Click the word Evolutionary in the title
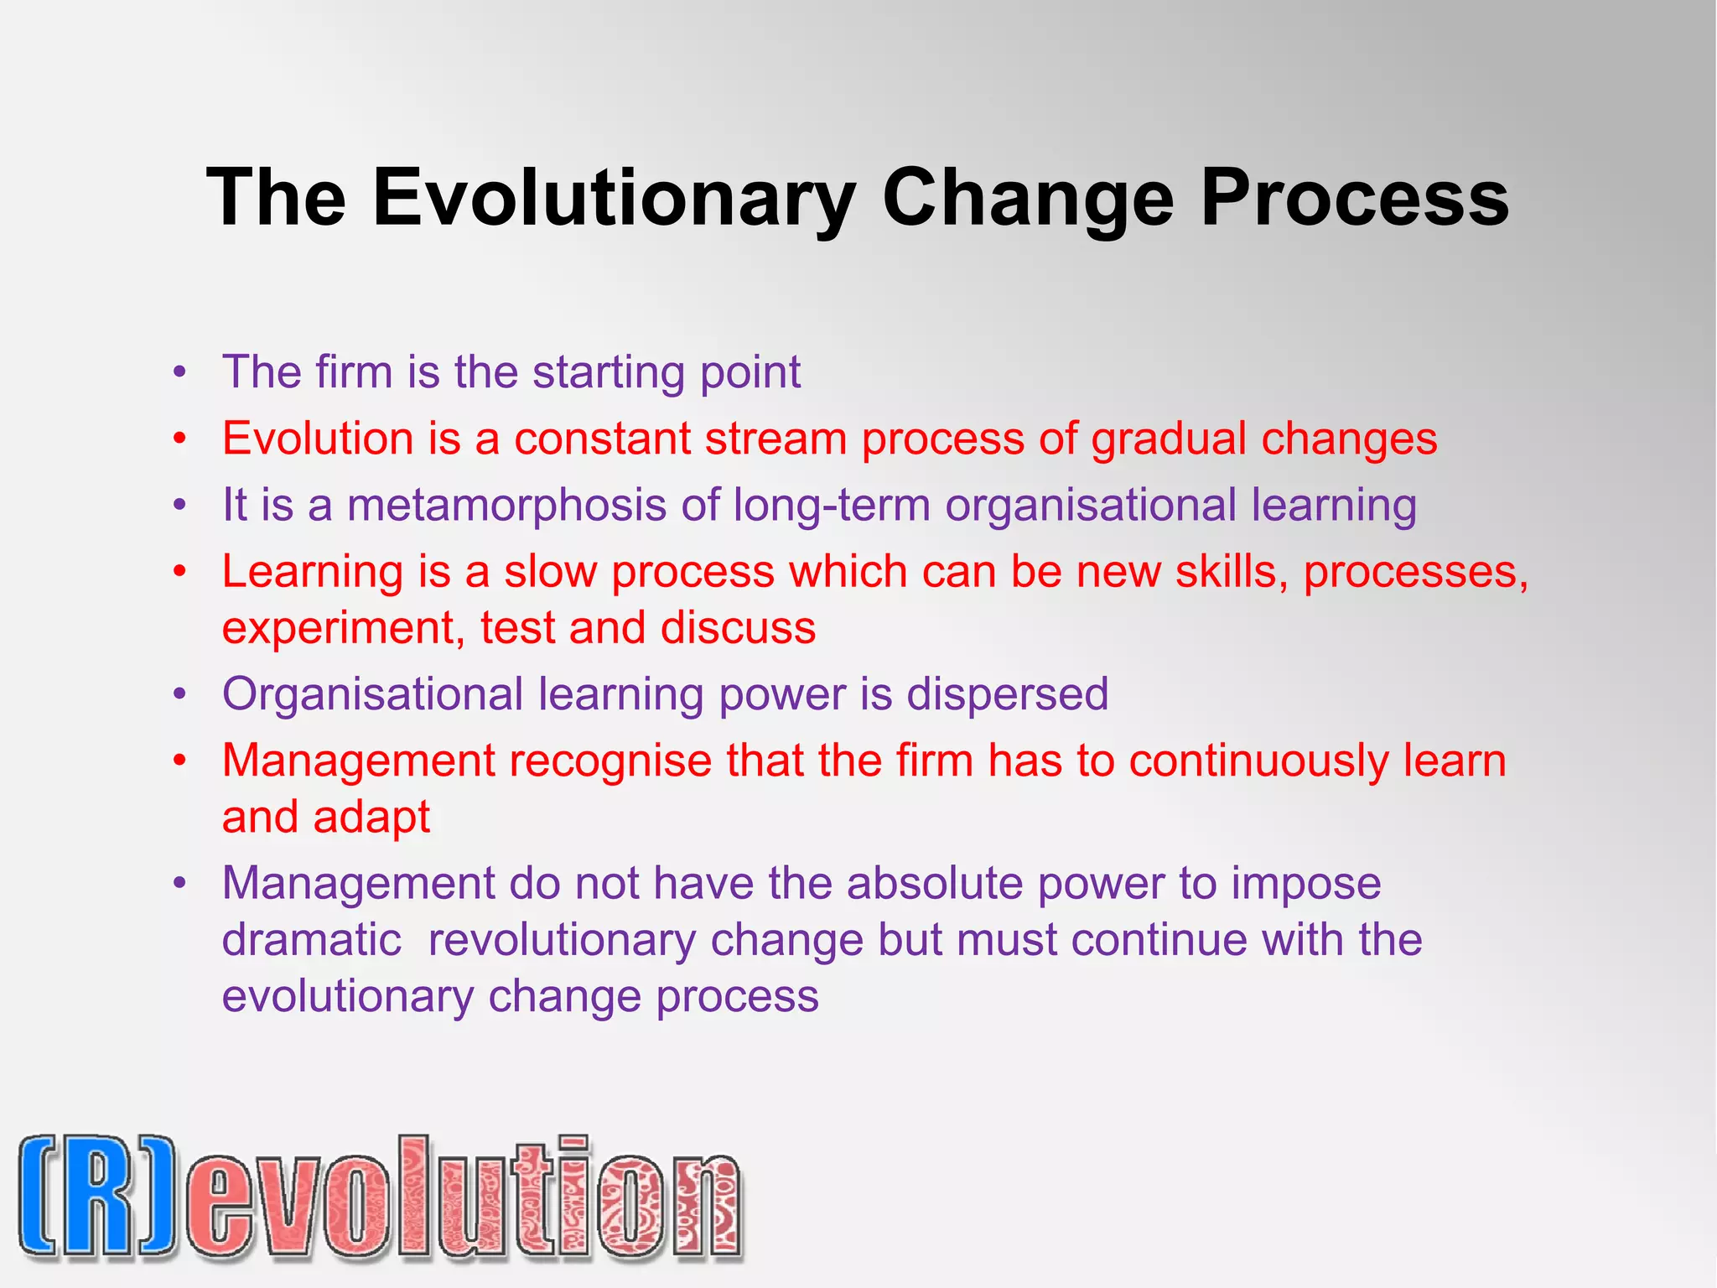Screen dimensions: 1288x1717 pos(614,198)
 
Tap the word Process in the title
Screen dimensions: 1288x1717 pos(1354,198)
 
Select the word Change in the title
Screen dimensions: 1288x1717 pos(1027,198)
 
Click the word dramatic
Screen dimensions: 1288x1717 pos(312,940)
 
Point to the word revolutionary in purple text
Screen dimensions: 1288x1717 pos(562,940)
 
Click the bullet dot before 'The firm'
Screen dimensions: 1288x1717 pos(179,372)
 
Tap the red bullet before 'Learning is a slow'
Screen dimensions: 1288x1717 pos(179,572)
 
